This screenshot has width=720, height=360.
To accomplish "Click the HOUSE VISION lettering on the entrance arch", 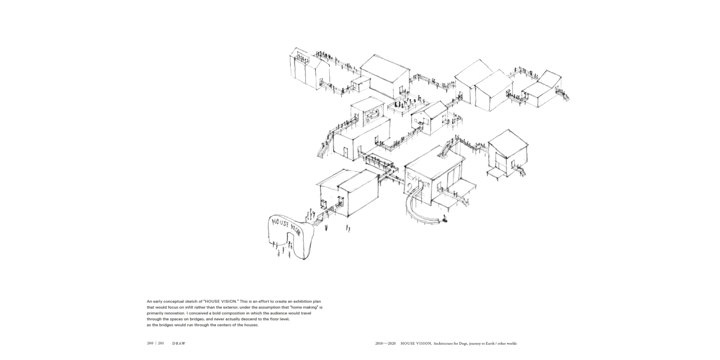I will tap(285, 226).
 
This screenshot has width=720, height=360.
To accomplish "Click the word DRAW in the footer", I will tap(179, 343).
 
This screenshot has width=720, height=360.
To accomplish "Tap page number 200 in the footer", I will tap(151, 343).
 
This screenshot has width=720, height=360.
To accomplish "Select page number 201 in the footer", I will tap(161, 343).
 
